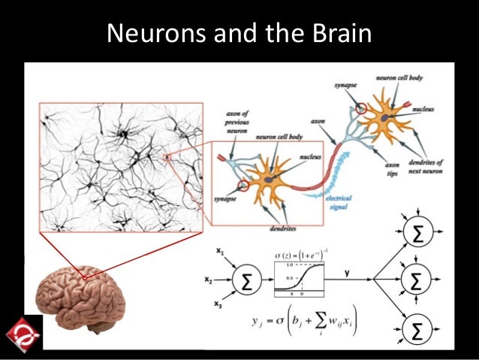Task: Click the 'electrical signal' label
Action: [x=340, y=202]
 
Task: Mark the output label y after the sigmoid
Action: [x=346, y=274]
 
